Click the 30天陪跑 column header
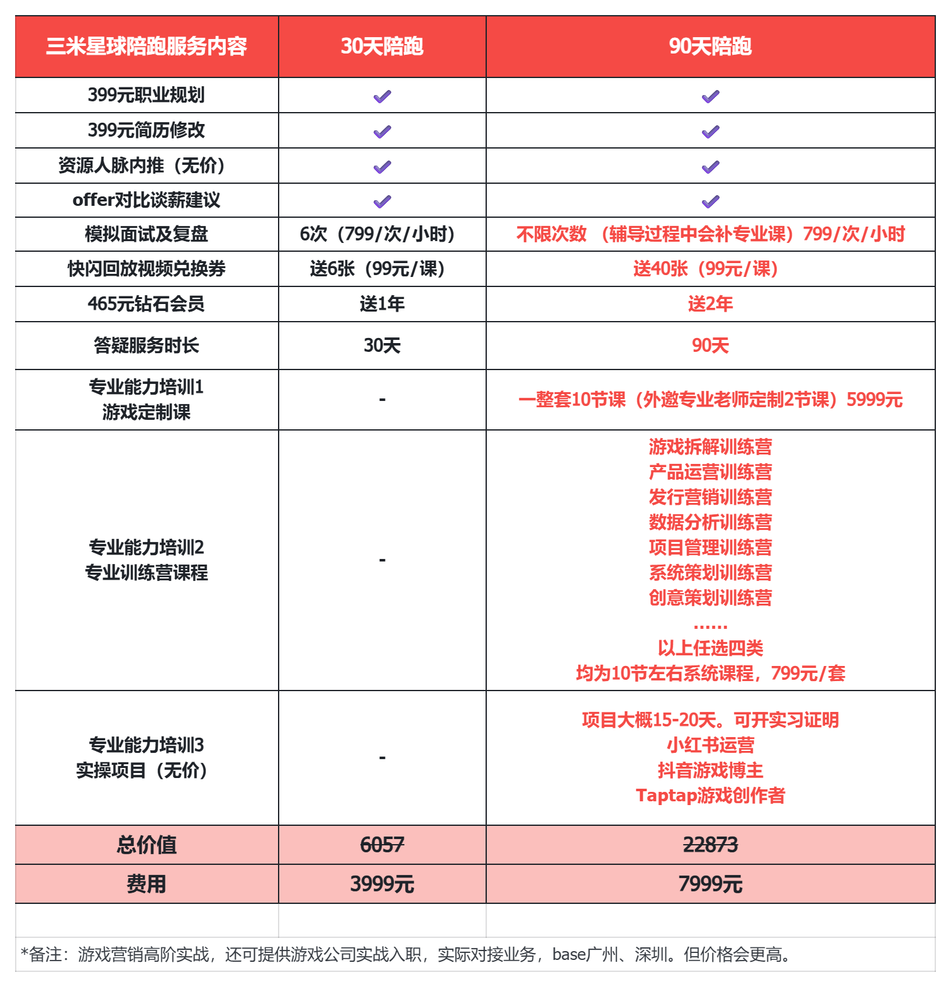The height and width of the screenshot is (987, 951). click(382, 47)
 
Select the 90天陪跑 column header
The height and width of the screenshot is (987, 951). click(710, 47)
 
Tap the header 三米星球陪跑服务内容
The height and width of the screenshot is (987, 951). click(147, 47)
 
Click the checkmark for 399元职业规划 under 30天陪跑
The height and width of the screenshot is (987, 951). click(382, 96)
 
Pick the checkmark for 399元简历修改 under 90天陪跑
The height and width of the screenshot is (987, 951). click(710, 132)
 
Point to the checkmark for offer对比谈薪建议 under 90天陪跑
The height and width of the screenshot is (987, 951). click(710, 201)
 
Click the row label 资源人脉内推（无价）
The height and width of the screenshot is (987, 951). click(143, 166)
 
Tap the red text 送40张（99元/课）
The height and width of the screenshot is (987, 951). click(706, 269)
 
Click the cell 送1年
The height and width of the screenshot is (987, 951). click(382, 304)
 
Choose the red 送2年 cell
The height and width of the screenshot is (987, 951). click(710, 304)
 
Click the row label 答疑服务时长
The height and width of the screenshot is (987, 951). click(147, 346)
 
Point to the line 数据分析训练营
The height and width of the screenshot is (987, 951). click(710, 522)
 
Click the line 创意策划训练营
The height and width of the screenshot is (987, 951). click(710, 598)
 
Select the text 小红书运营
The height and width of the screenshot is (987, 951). click(710, 745)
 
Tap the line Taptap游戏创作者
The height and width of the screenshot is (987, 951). click(710, 796)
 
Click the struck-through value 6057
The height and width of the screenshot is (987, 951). click(382, 845)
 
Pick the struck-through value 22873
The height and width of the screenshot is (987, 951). click(710, 845)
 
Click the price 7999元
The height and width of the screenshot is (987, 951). click(710, 884)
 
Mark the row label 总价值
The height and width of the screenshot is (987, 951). click(147, 845)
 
